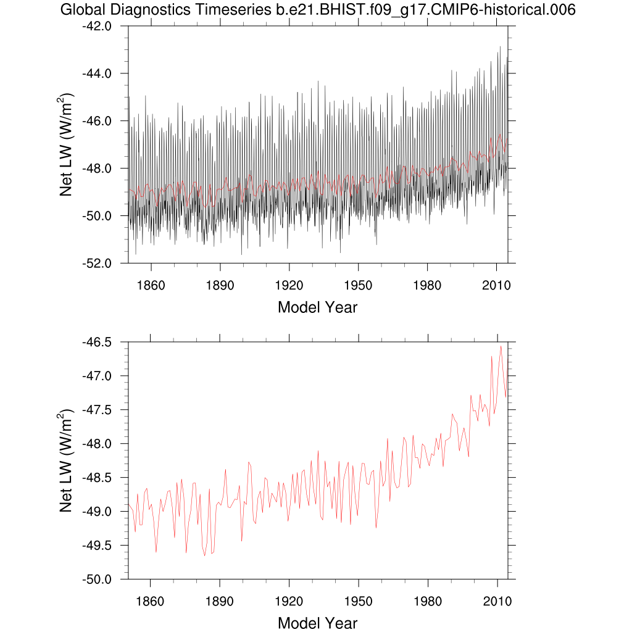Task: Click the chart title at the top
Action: tap(317, 10)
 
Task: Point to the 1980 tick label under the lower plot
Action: tap(427, 601)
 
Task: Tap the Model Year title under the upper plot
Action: tap(317, 307)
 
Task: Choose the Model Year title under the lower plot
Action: tap(317, 623)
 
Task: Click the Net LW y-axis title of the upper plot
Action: tap(67, 144)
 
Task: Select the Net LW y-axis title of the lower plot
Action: tap(67, 460)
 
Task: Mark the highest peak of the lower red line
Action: tap(501, 346)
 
